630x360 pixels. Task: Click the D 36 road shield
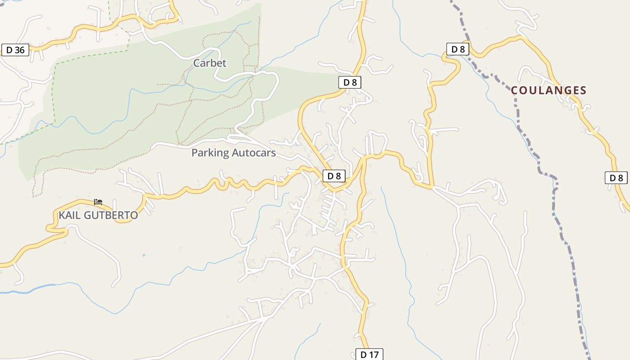15,50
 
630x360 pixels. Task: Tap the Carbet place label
210,63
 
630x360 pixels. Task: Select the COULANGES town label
549,90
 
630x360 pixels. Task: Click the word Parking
210,153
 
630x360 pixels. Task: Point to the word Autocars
254,153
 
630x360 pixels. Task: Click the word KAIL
70,215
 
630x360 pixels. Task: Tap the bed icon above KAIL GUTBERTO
98,202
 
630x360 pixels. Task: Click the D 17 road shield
369,355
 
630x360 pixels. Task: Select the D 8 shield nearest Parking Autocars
334,176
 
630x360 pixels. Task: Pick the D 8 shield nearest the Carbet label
349,82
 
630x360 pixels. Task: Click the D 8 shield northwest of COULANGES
458,49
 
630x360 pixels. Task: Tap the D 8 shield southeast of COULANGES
616,178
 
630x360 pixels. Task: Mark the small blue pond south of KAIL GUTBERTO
144,255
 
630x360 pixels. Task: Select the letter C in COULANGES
515,90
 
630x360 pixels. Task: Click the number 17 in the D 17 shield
373,355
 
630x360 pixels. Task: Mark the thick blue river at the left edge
27,288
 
